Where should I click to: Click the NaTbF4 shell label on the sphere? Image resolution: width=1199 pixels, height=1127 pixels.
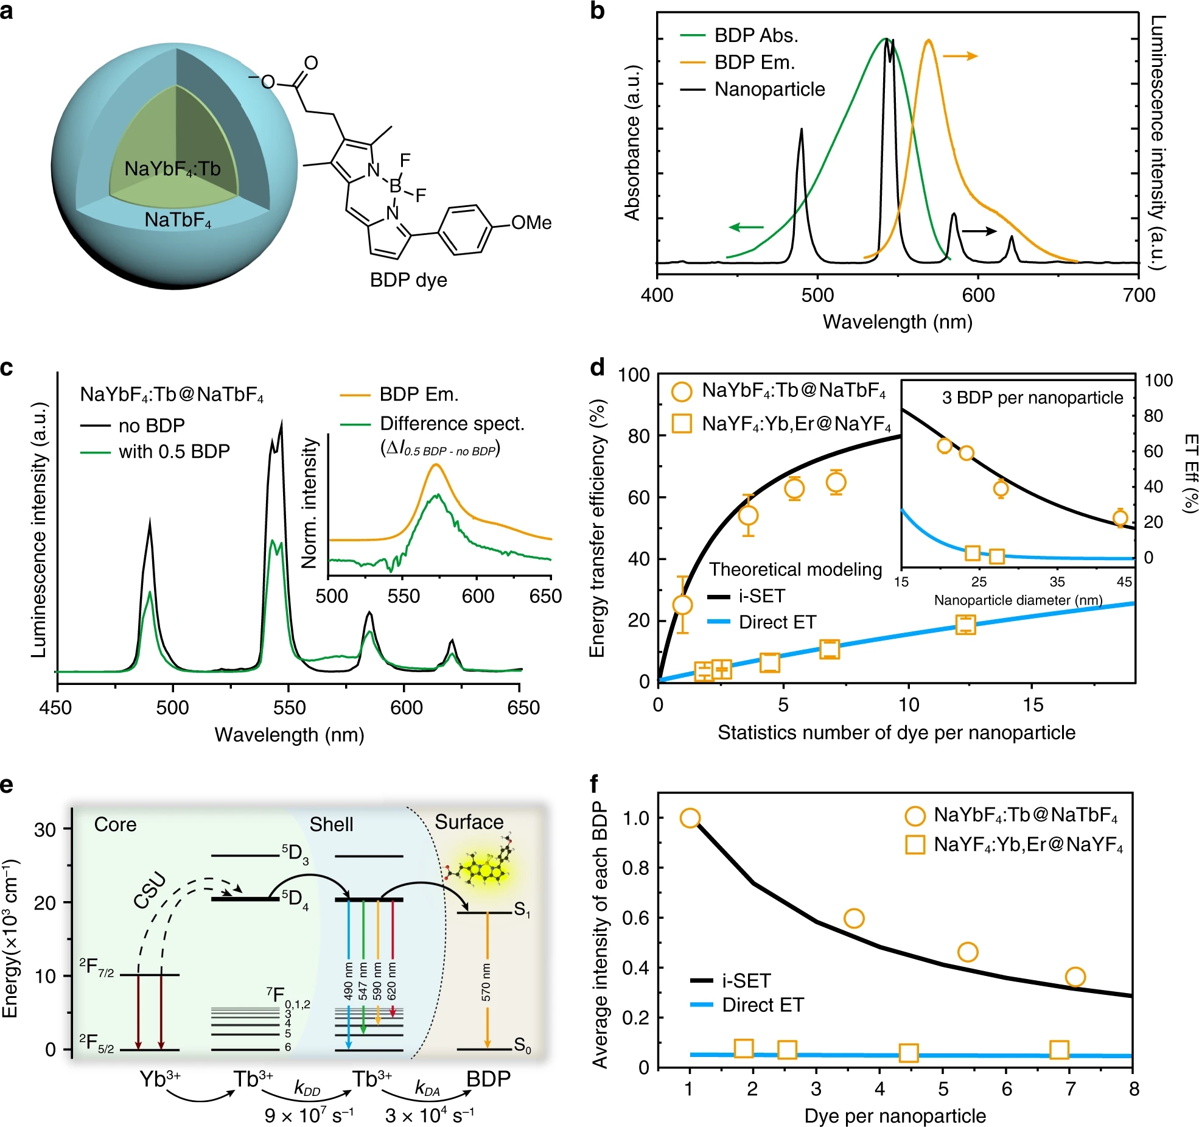pos(177,220)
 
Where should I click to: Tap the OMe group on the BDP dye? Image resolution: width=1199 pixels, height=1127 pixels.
pos(531,223)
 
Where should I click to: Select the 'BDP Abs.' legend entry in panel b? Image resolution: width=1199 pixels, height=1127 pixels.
pos(756,36)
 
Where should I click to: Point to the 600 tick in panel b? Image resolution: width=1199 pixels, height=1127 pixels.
pos(978,295)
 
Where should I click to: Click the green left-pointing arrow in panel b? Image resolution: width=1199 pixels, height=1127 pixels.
pos(746,228)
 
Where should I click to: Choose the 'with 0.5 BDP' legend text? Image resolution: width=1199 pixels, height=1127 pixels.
pos(174,452)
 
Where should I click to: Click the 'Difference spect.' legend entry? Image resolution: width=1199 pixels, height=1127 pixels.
pos(452,424)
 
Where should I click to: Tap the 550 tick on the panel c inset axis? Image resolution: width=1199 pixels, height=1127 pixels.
pos(404,596)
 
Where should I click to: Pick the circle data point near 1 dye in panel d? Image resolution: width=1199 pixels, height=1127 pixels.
pos(683,605)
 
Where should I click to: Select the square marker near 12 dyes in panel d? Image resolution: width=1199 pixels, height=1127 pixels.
pos(966,625)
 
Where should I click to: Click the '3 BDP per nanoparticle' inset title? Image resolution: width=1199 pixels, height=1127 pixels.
pos(1032,398)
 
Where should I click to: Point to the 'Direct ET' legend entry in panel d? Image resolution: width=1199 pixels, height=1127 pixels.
pos(777,622)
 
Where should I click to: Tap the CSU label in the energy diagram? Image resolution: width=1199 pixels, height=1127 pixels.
pos(150,890)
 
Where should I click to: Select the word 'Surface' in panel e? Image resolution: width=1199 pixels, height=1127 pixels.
pos(469,823)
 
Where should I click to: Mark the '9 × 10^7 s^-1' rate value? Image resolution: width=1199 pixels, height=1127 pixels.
pos(309,1115)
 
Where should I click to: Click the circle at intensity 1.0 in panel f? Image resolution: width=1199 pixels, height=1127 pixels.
pos(690,818)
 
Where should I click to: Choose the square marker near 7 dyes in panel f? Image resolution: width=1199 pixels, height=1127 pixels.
pos(1060,1050)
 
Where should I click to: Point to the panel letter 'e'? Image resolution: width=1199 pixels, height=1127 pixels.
pos(7,785)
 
